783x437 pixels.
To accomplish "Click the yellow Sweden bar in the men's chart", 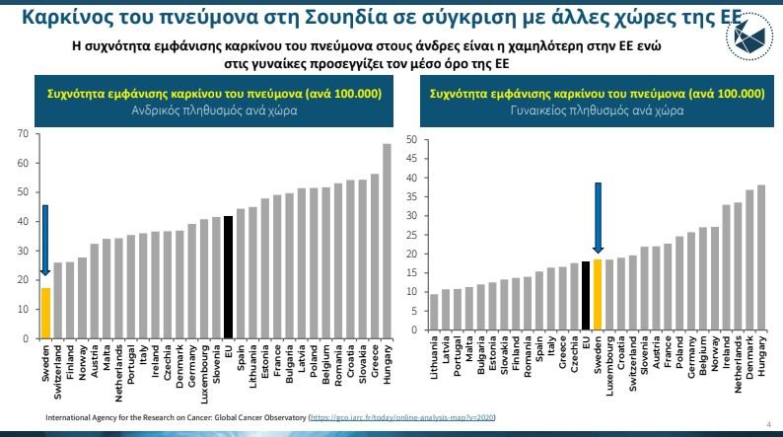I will (45, 313).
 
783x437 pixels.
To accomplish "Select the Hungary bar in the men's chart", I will (388, 242).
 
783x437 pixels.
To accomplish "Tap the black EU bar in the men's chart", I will (229, 277).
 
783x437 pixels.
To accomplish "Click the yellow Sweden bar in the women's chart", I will (597, 295).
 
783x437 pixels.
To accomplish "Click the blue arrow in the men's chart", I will (45, 240).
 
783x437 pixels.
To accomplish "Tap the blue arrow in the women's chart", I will (597, 219).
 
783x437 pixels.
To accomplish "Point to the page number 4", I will (767, 422).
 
